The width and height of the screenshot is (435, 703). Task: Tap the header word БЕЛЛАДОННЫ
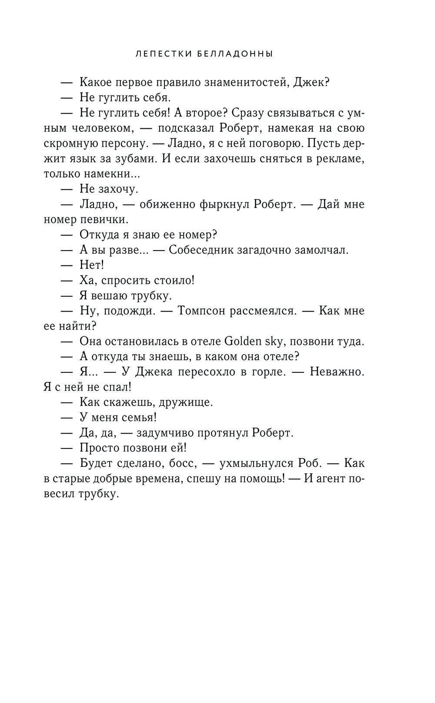coord(238,54)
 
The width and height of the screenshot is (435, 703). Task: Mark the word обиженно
coord(164,204)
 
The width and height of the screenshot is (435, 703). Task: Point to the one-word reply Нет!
coord(92,265)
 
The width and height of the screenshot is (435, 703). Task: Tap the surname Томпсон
coord(203,311)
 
